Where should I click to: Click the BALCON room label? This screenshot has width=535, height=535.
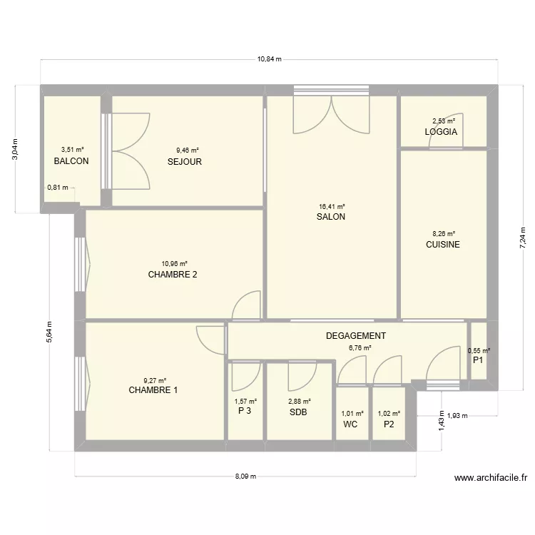pos(71,161)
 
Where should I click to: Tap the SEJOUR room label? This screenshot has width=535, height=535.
pos(185,162)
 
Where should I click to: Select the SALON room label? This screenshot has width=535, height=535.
pos(331,217)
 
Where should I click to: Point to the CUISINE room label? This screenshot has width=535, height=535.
pos(443,245)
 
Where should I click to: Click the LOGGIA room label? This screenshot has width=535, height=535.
pos(441,133)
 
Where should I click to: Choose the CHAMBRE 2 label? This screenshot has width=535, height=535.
pos(173,275)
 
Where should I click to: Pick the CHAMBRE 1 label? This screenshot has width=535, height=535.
pos(153,390)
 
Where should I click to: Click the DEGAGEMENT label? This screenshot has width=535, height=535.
pos(356,336)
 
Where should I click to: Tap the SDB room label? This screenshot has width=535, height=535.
pos(299,412)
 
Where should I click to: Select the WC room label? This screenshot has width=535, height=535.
pos(350,424)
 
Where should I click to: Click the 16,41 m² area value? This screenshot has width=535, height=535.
pos(331,206)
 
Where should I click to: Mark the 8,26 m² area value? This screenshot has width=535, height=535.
pos(443,233)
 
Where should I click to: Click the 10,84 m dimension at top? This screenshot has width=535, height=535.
pos(269,59)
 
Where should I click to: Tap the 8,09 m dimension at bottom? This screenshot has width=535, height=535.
pos(245,477)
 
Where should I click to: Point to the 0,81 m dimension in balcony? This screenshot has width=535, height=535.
pos(58,188)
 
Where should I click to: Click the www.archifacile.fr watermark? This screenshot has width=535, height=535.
pos(490,479)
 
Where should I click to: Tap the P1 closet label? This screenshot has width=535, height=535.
pos(478,361)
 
